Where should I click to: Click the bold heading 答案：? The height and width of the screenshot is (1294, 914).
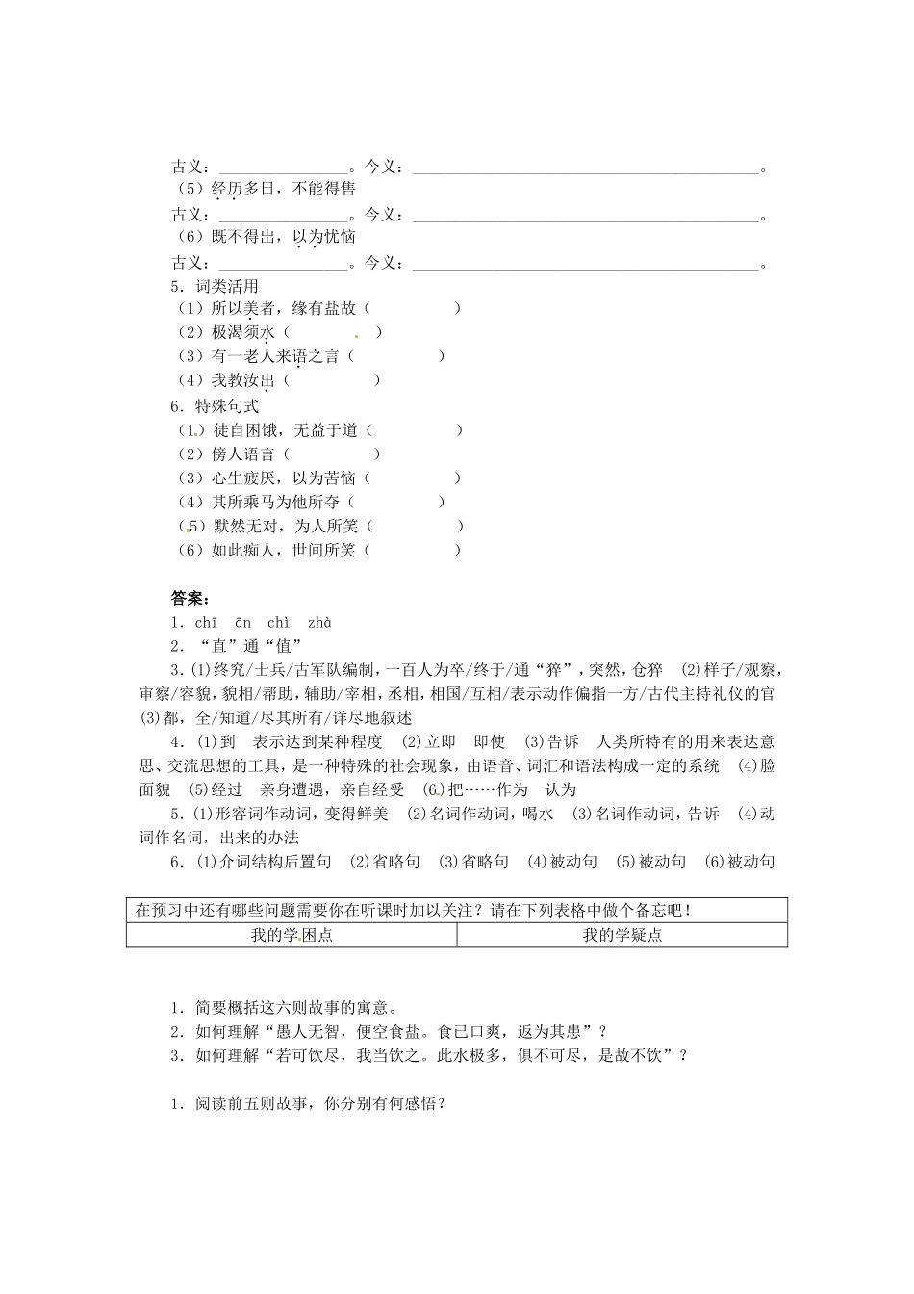(190, 599)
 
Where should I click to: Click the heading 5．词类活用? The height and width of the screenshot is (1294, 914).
(214, 286)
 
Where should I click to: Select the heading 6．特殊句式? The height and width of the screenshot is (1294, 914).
(214, 406)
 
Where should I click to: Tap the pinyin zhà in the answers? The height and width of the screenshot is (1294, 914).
(319, 623)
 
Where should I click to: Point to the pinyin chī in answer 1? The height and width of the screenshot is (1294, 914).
(206, 623)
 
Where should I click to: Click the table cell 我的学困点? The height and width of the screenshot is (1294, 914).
(292, 935)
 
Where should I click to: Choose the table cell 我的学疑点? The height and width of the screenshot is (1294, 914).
(622, 935)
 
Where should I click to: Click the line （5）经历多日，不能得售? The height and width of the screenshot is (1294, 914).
(265, 190)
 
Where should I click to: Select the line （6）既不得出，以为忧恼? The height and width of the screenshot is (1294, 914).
(265, 237)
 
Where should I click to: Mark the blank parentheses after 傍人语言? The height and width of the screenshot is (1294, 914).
(332, 454)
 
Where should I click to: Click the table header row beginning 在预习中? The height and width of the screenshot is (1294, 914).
(456, 910)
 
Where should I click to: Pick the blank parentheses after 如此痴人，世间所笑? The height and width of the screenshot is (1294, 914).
(413, 550)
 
